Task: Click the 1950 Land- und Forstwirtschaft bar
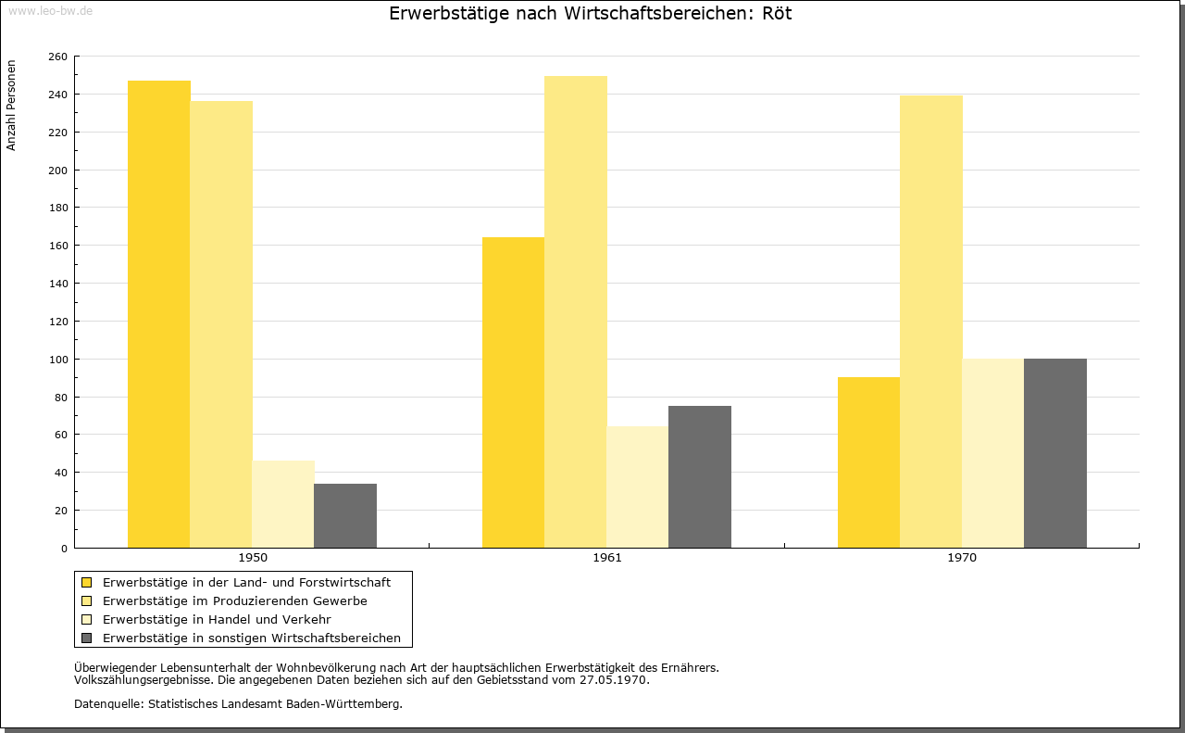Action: point(158,314)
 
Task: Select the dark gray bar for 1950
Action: point(345,516)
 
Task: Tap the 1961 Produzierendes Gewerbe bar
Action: point(576,312)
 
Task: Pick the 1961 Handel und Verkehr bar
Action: point(638,487)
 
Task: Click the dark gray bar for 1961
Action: point(700,476)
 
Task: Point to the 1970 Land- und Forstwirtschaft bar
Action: point(868,462)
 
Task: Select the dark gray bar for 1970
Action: point(1055,453)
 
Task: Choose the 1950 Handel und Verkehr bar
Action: point(283,504)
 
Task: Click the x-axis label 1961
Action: point(607,558)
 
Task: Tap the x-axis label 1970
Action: point(962,558)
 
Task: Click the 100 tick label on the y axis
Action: point(57,359)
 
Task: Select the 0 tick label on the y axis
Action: point(64,549)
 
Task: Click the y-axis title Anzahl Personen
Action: point(11,106)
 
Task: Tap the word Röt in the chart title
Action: point(777,13)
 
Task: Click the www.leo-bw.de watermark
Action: point(51,10)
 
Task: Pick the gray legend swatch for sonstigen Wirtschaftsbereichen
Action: point(87,638)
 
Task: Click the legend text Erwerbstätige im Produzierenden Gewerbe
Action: point(235,601)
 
